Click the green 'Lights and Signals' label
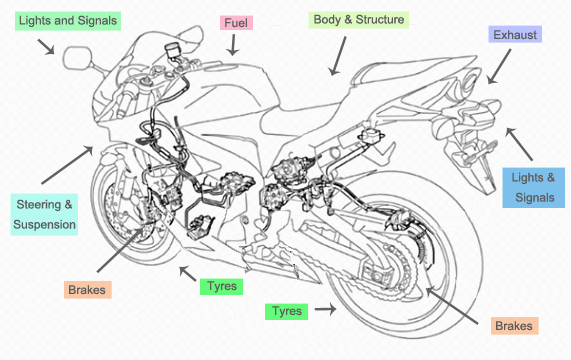coord(68,21)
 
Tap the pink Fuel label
coord(236,23)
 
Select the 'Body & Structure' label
coord(359,20)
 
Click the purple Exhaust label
coord(515,35)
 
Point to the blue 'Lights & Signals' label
coord(533,187)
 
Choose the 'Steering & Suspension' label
coord(44,214)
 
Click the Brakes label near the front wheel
coord(87,290)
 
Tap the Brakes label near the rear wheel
coord(514,326)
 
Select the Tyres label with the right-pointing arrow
coord(287,312)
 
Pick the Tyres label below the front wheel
coord(221,286)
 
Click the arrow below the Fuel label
coord(233,45)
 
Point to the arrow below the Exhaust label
coord(499,67)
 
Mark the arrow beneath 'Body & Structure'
coord(337,56)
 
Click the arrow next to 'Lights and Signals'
coord(46,47)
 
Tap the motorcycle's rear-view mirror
coord(78,58)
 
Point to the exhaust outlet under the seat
coord(469,83)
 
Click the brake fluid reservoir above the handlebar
coord(173,50)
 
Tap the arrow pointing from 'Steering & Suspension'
coord(67,165)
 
